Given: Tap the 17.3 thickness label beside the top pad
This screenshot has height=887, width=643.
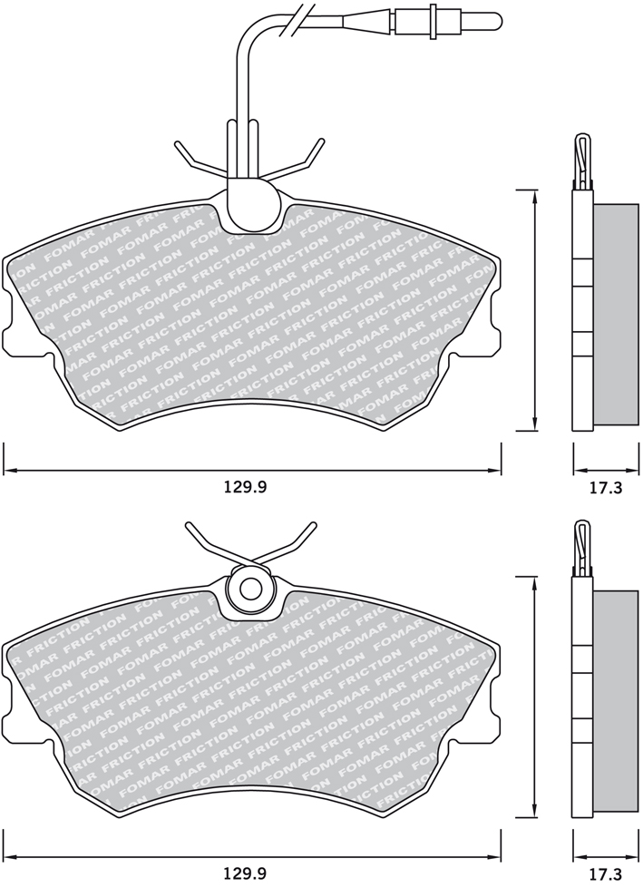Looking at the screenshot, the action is (x=606, y=487).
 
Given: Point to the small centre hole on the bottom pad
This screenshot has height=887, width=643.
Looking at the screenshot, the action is (x=248, y=589).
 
